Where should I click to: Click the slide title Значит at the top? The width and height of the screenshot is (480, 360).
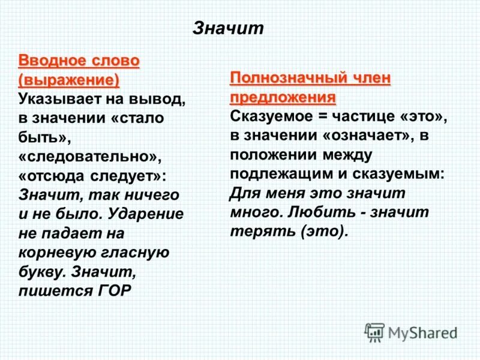(227, 29)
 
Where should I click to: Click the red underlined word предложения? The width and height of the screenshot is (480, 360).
(283, 97)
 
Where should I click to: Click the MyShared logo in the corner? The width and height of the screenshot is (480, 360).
(412, 332)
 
